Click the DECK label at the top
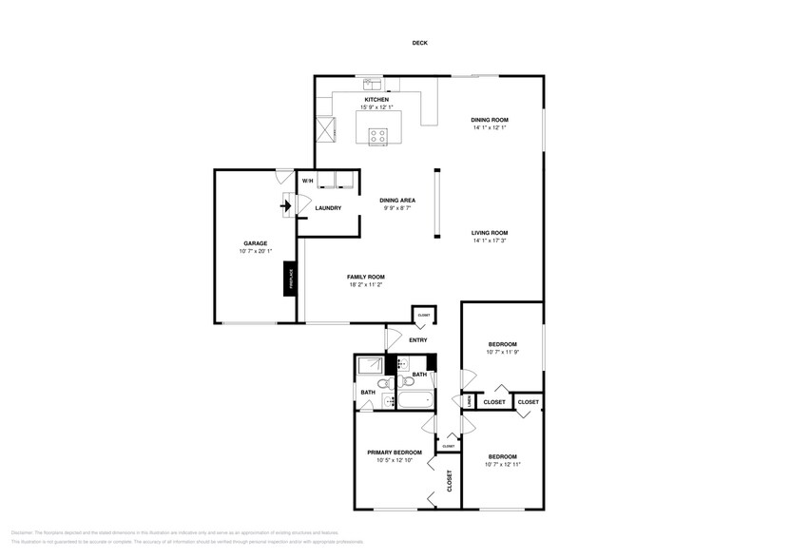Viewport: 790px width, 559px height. (419, 43)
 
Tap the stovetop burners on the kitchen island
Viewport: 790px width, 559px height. (378, 134)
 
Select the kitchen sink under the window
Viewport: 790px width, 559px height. (371, 84)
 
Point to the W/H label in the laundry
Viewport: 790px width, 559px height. (307, 181)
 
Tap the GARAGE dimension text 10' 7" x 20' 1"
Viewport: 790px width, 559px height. (256, 252)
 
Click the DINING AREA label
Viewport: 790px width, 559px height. (396, 200)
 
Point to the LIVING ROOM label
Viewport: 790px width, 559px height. (491, 232)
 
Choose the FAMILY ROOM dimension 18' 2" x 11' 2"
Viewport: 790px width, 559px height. (366, 284)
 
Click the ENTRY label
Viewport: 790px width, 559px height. (417, 339)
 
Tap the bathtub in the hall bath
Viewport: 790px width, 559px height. (415, 401)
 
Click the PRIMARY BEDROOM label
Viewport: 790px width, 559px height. (395, 453)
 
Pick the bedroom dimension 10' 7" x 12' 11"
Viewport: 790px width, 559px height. (502, 464)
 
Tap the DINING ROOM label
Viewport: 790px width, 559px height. (490, 119)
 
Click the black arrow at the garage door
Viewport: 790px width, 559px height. (287, 203)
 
